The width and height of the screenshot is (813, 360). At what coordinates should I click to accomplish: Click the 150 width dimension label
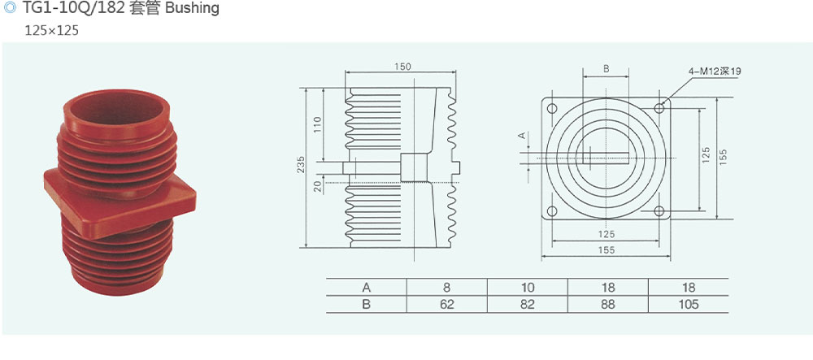[402, 67]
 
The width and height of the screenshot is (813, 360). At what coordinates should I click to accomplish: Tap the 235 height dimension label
[302, 164]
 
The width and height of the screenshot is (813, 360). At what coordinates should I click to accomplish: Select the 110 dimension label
[318, 124]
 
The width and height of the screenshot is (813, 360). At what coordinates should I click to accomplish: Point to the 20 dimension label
[319, 187]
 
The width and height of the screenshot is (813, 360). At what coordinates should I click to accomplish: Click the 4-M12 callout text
[715, 72]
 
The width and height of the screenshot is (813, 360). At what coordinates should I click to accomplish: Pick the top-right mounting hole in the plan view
[659, 108]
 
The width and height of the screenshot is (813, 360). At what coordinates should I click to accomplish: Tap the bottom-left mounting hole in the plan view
[552, 210]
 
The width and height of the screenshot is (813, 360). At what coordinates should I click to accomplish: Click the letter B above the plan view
[606, 68]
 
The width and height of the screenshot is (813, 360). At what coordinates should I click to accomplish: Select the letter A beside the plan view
[523, 136]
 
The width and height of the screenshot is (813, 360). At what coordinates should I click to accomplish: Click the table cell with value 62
[446, 304]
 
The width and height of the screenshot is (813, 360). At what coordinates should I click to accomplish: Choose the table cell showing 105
[688, 304]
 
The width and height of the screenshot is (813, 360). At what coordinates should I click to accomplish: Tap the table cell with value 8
[446, 287]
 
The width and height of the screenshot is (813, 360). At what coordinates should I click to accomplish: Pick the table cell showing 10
[528, 287]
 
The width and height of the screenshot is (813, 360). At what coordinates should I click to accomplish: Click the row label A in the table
[367, 287]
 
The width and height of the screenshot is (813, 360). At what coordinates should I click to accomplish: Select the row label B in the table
[367, 304]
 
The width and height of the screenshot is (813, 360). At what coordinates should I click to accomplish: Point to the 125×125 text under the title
[52, 31]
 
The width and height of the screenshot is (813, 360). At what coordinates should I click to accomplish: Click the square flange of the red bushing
[120, 203]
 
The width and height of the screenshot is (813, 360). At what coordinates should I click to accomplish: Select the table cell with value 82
[528, 304]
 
